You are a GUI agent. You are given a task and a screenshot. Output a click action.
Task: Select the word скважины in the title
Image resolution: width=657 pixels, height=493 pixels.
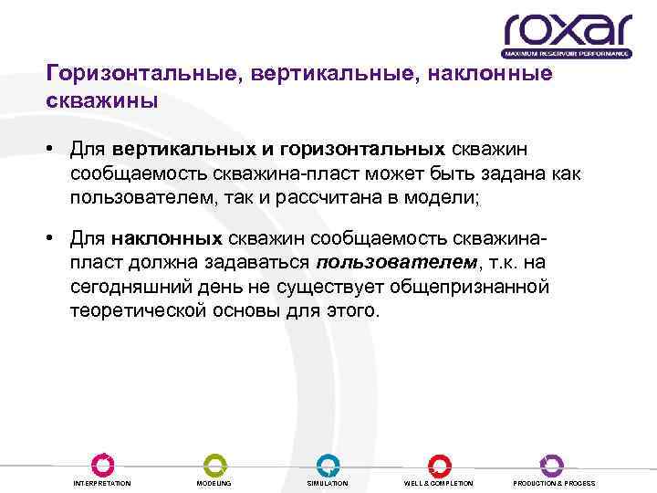click(x=102, y=100)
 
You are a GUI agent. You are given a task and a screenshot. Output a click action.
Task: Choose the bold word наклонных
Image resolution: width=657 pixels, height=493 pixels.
click(x=167, y=239)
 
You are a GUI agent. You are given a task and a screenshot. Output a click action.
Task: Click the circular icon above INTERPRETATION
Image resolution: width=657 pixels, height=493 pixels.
click(x=101, y=464)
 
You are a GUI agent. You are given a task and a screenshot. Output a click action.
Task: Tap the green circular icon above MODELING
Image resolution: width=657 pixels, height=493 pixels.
click(x=214, y=464)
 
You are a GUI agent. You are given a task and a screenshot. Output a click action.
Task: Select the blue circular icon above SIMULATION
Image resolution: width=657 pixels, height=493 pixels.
click(x=327, y=464)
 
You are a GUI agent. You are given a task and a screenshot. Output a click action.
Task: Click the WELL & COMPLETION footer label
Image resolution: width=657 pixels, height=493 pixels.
click(x=439, y=483)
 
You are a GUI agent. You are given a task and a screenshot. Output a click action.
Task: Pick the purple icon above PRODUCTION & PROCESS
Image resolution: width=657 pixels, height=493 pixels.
click(x=552, y=464)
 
